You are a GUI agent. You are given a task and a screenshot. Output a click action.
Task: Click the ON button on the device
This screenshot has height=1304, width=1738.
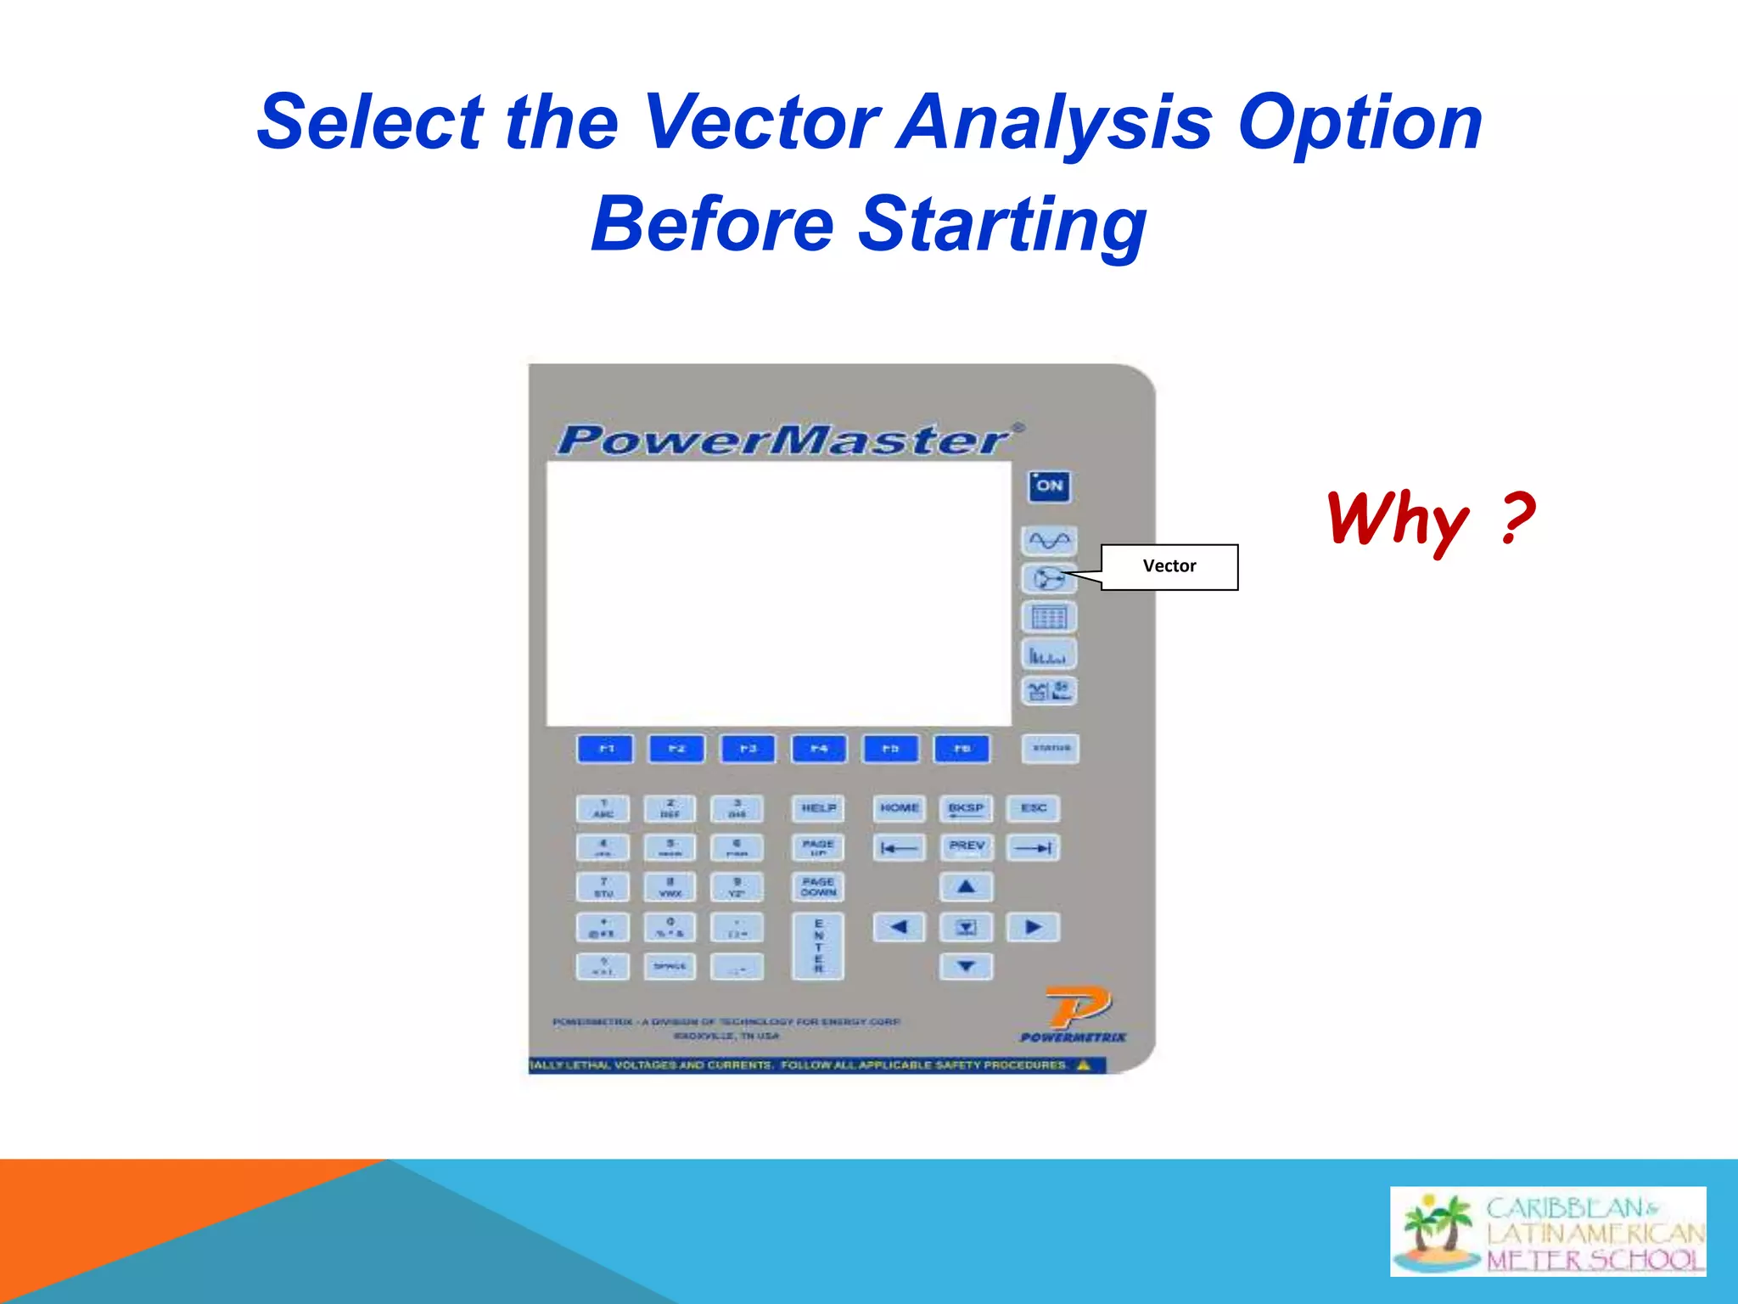point(1049,486)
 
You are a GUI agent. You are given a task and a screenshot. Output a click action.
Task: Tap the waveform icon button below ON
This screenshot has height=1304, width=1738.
point(1049,541)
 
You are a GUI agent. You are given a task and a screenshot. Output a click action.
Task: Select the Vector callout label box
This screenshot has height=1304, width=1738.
point(1169,567)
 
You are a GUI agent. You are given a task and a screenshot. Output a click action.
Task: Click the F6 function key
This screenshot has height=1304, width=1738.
point(962,749)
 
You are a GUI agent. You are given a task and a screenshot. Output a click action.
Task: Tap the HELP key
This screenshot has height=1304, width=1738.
point(818,808)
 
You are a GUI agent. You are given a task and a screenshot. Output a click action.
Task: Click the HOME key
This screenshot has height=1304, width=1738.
point(899,808)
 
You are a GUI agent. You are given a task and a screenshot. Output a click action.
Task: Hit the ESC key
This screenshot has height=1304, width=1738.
point(1033,808)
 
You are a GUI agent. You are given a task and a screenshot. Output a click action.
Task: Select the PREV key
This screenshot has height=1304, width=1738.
point(966,846)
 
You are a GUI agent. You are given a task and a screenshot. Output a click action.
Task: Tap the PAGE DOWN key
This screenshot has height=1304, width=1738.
point(818,887)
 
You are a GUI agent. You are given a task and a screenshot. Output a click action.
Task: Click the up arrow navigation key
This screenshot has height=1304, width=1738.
point(966,887)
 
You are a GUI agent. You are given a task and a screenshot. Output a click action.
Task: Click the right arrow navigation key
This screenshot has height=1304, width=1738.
point(1033,927)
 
